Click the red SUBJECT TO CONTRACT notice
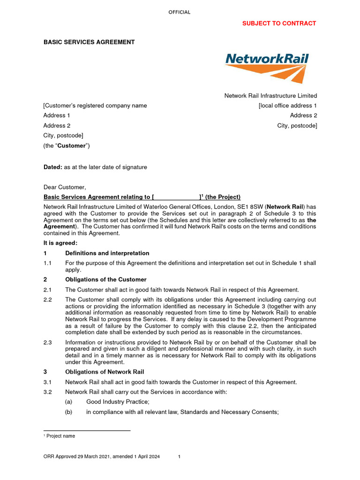point(279,23)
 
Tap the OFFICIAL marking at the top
point(180,12)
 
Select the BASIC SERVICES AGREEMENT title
point(89,42)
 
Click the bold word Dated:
point(52,167)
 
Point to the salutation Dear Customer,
point(65,187)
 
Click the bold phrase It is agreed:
point(60,243)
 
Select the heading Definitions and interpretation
point(107,253)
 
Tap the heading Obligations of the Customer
point(105,280)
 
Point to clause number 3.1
point(47,382)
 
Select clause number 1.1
point(47,263)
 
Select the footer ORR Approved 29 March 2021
point(102,457)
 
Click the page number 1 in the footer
point(180,457)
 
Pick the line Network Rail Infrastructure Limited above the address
point(270,96)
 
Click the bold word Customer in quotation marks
point(71,146)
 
